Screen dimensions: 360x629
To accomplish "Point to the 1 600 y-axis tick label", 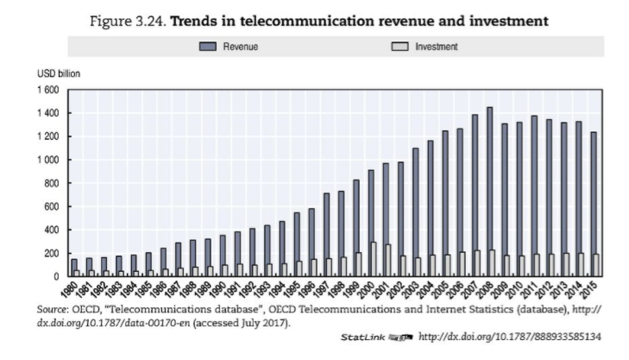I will point(47,90).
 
